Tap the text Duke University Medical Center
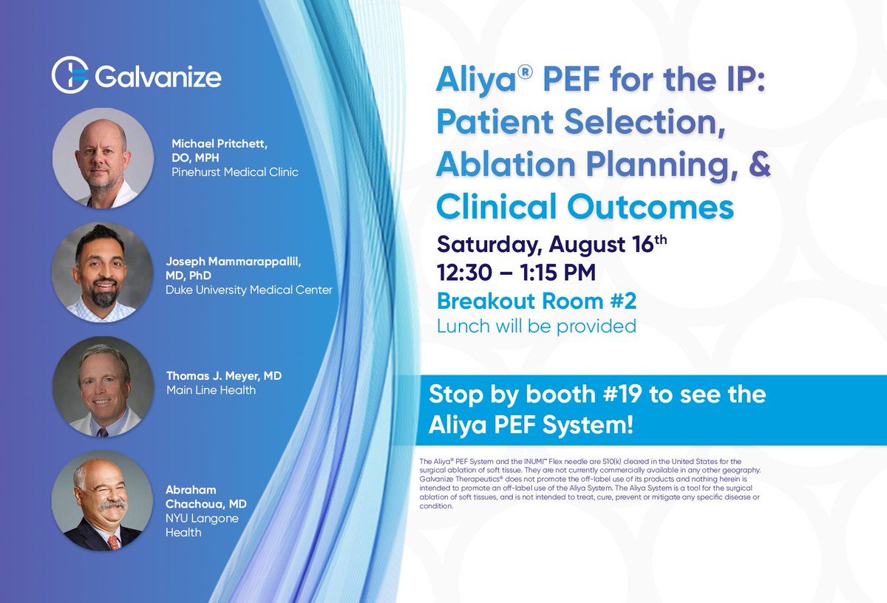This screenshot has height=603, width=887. (x=249, y=290)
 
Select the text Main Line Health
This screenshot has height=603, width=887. (x=211, y=389)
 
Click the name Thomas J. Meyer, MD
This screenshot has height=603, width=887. (x=224, y=376)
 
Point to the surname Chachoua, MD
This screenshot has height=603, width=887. (x=206, y=504)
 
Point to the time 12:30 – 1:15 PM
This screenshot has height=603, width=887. (x=516, y=273)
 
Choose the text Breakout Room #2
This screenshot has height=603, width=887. (x=536, y=301)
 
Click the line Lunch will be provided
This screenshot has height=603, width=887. (x=536, y=326)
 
